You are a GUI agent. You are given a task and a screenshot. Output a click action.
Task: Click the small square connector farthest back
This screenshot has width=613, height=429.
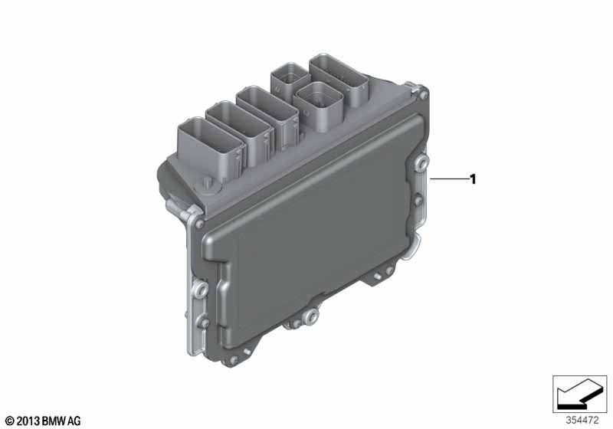(287, 79)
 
